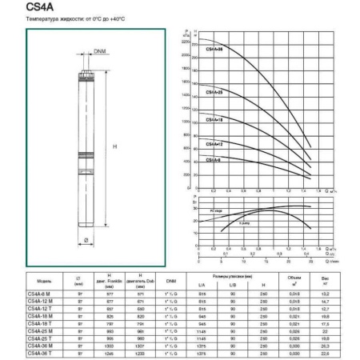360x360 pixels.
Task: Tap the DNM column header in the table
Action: click(x=170, y=280)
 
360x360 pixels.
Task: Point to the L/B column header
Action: click(x=232, y=286)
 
